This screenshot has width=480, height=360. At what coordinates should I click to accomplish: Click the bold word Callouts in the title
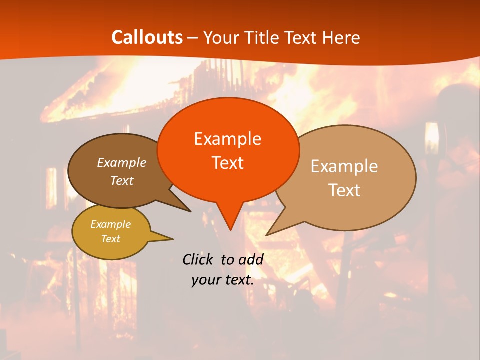[x=147, y=37]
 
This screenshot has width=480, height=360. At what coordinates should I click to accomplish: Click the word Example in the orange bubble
[x=227, y=139]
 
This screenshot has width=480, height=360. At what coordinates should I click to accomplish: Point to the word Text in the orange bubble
[x=227, y=163]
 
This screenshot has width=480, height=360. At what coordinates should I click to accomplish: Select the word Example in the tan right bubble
[x=344, y=166]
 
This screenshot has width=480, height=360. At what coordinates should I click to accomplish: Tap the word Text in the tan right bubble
[x=344, y=190]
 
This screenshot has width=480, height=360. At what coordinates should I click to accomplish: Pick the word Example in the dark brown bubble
[x=121, y=162]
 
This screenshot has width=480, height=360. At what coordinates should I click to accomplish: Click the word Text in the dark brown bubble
[x=121, y=180]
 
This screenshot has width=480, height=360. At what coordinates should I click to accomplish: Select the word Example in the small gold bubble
[x=110, y=224]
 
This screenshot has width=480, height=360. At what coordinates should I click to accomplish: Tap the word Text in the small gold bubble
[x=110, y=239]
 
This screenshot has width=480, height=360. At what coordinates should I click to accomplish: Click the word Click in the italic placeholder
[x=197, y=259]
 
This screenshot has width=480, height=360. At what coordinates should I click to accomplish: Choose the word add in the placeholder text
[x=251, y=259]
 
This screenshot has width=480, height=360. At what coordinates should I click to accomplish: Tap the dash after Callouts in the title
[x=193, y=38]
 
